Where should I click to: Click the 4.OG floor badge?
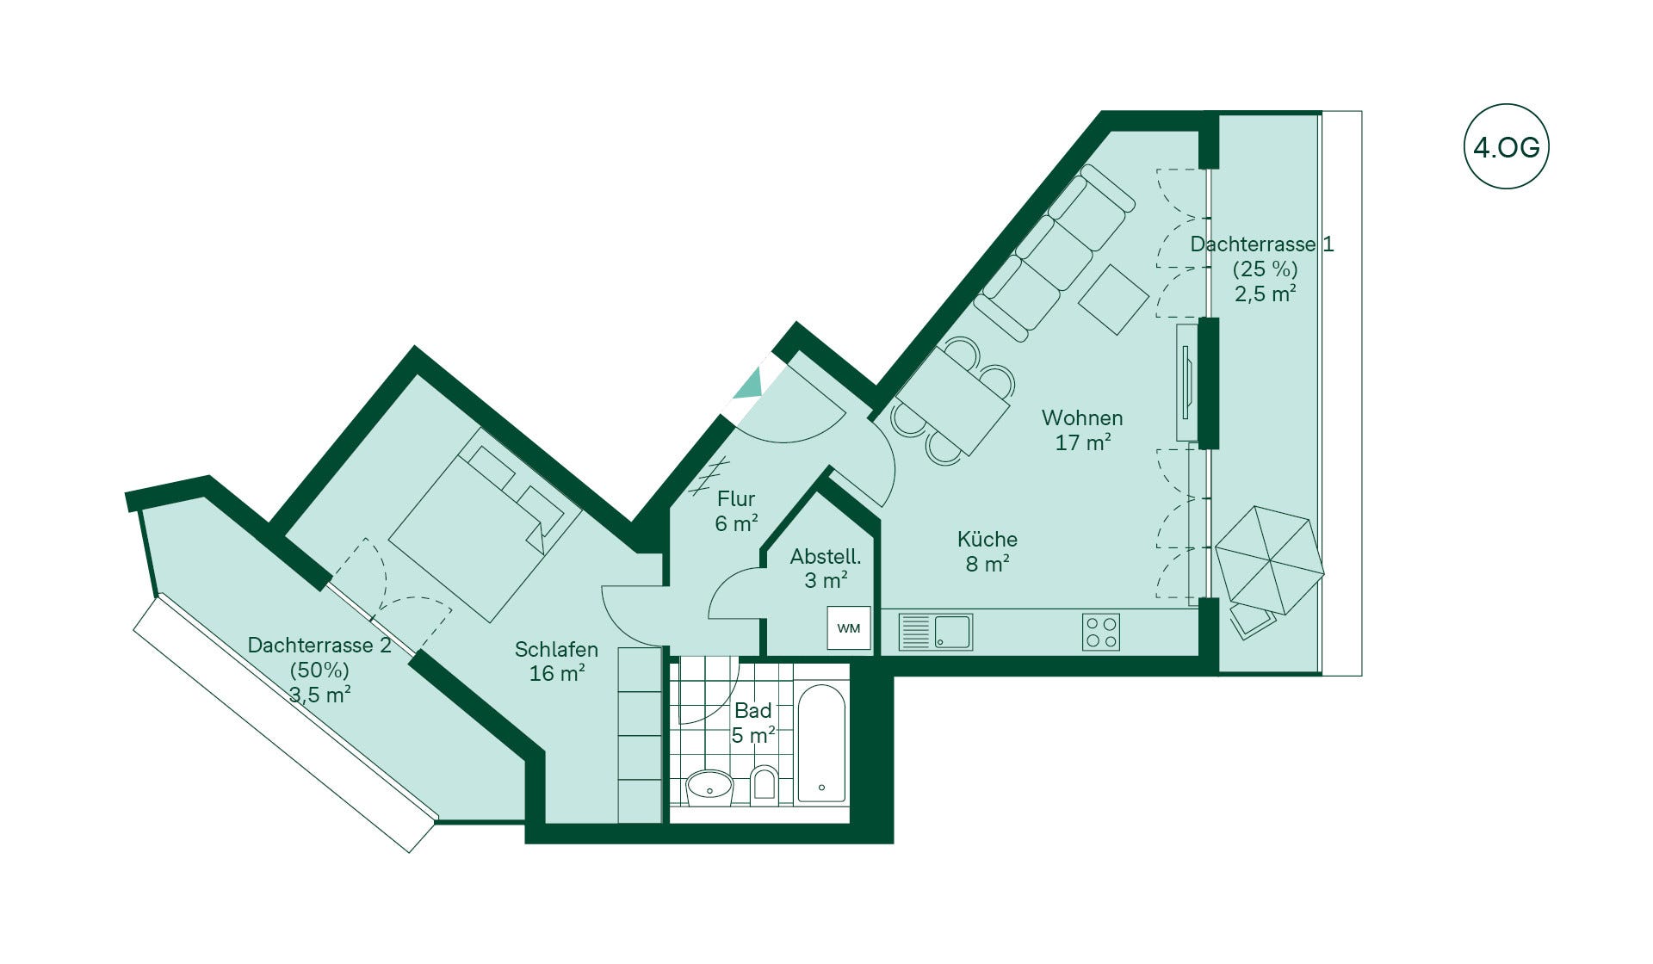point(1506,147)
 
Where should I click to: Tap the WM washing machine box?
point(849,628)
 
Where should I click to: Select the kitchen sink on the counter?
point(935,632)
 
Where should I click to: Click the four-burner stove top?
point(1101,632)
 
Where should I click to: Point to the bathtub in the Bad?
point(821,744)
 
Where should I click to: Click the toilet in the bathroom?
point(764,785)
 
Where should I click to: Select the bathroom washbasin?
point(709,787)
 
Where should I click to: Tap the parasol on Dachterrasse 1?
point(1269,559)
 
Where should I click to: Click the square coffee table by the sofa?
point(1114,299)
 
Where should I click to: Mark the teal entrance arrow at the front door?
point(750,383)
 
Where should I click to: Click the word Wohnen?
point(1082,418)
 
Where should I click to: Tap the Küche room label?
point(987,540)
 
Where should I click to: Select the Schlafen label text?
point(556,650)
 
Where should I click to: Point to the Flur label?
point(736,499)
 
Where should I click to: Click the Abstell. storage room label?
point(826,557)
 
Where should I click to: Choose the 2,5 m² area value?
point(1266,294)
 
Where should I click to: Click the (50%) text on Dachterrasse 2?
point(319,670)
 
